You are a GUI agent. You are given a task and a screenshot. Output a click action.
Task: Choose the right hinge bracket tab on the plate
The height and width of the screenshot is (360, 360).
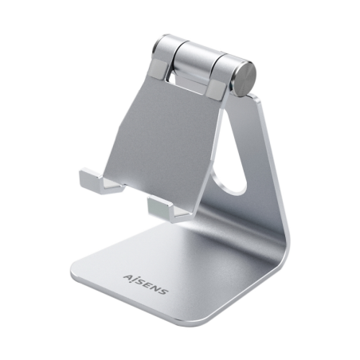(219, 87)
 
